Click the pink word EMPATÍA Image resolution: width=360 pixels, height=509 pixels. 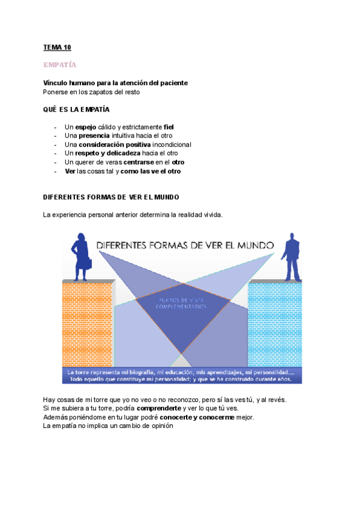pyautogui.click(x=60, y=64)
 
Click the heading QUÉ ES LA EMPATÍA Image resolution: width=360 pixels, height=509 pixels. pyautogui.click(x=76, y=110)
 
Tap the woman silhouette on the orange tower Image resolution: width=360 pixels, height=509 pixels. pyautogui.click(x=81, y=256)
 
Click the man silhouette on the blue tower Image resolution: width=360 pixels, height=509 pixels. pyautogui.click(x=293, y=256)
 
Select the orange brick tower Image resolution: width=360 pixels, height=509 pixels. pyautogui.click(x=87, y=324)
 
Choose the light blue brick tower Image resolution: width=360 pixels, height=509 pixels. pyautogui.click(x=274, y=324)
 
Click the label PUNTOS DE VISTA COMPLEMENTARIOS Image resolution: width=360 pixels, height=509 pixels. pyautogui.click(x=181, y=303)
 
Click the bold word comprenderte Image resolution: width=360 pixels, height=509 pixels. pyautogui.click(x=158, y=408)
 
